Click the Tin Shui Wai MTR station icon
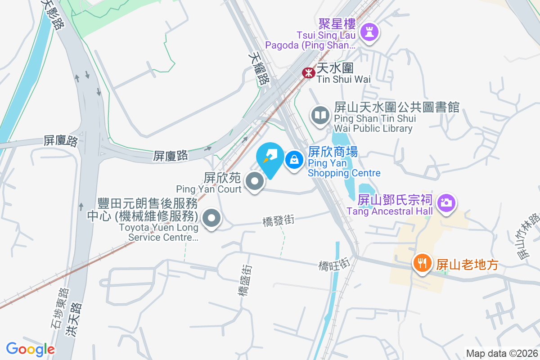coord(308,72)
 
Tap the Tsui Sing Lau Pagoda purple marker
coord(369,31)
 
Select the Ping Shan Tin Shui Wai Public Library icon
coord(320,116)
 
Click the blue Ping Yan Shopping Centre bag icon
coord(294,160)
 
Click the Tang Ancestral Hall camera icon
coord(446,202)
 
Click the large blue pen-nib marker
coord(270,158)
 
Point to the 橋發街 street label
coord(279,220)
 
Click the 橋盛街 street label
coord(244,281)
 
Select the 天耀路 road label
coord(257,68)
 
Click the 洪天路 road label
coord(74,319)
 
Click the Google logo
coord(30,349)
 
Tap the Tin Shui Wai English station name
coord(343,79)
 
